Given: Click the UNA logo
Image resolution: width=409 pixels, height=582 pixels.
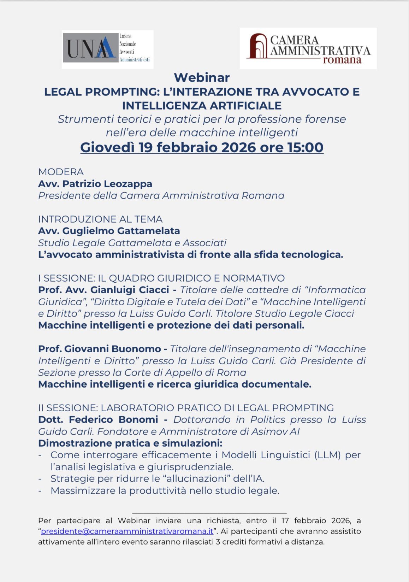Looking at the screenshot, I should pos(107,49).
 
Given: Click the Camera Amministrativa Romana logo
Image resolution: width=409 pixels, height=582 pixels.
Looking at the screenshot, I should pos(308,48).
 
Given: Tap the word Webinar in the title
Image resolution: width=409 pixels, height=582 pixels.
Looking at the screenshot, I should pos(202,77).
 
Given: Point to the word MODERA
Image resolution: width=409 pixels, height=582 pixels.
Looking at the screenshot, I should pos(61,172).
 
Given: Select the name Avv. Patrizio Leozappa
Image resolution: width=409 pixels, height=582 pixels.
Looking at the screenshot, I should pos(95,184).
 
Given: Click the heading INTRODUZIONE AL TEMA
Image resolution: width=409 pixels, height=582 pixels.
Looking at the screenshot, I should pos(100,219).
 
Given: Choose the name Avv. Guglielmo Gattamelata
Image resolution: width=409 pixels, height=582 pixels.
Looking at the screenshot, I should pos(109,231).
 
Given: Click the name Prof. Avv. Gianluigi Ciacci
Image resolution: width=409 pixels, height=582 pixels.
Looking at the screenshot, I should pos(103,290).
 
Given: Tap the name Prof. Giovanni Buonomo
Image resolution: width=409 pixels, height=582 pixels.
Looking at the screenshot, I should pos(99,349).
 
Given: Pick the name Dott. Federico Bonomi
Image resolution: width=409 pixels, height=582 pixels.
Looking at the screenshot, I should pos(98,419).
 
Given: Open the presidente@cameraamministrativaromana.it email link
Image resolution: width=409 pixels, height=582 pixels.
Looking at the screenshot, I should pos(127,531).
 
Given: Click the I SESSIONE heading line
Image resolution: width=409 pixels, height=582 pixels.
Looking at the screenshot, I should pos(161,278).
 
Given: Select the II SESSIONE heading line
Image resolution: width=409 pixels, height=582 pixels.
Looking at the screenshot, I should pos(186,408).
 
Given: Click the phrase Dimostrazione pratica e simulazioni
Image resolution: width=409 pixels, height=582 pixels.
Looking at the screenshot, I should pos(130,443).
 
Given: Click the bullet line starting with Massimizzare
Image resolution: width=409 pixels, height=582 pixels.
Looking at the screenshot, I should pos(165,490).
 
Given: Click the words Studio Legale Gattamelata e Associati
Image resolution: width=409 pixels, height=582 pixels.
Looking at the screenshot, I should pos(132,243).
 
